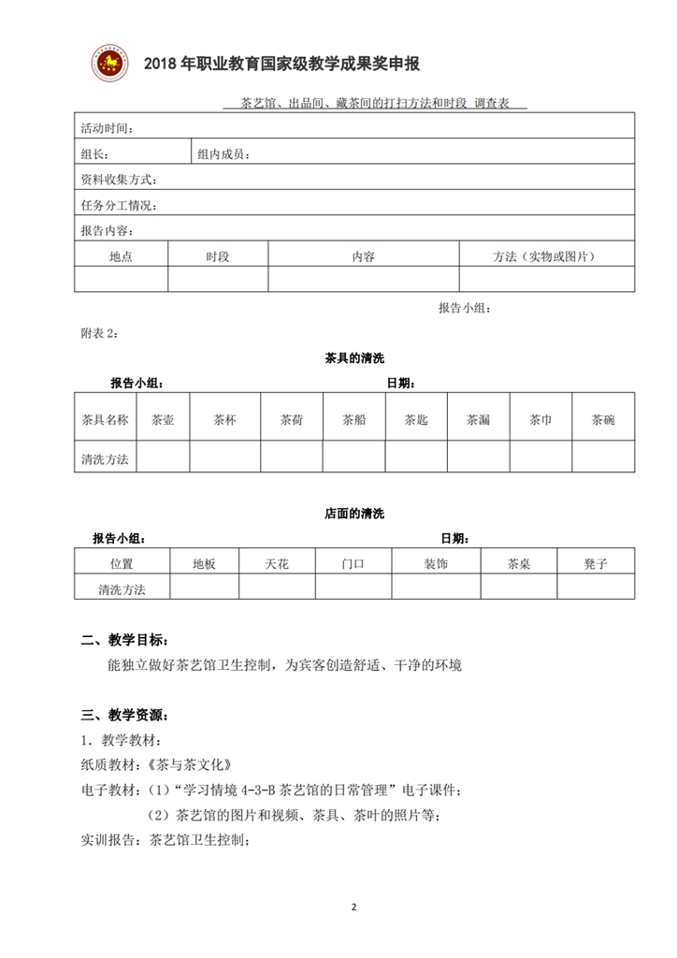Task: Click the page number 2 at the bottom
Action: pos(353,907)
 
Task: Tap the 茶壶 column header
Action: pos(163,420)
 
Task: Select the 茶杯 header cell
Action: pos(224,420)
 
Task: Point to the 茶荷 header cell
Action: pos(292,420)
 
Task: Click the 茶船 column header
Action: pos(353,420)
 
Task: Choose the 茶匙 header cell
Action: pos(416,420)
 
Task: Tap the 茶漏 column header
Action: pos(478,420)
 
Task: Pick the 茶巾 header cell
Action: pos(540,420)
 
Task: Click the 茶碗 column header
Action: pos(603,420)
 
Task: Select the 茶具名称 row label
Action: pos(106,420)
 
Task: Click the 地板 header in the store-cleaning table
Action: pos(204,564)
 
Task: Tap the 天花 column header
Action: pos(277,564)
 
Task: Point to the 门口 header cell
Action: pos(353,564)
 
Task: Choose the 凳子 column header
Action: pos(596,564)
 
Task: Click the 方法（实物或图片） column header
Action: pos(545,256)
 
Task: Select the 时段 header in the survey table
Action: pos(218,256)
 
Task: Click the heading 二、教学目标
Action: pos(124,641)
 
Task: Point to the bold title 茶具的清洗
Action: pos(354,357)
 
